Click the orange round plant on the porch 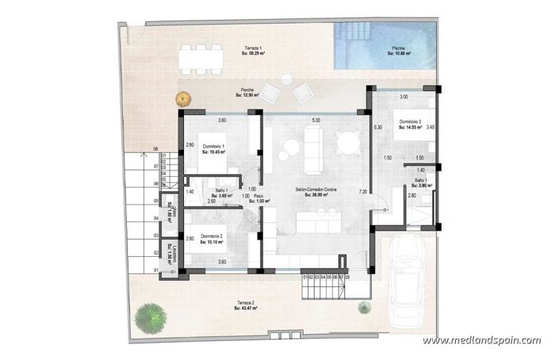(x=185, y=98)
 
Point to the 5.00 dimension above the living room (x=316, y=120)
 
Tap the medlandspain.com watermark (x=481, y=340)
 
